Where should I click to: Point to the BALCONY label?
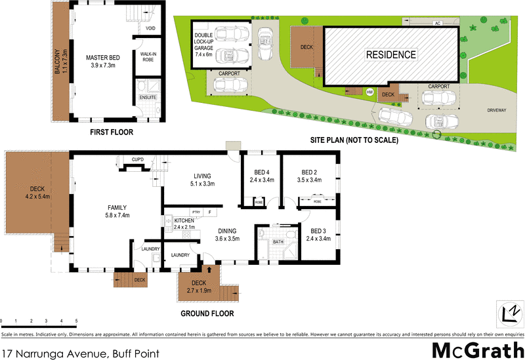tap(58, 63)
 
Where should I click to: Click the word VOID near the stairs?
tap(150, 29)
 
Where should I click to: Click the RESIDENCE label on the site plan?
tap(391, 55)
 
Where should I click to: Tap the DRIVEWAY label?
tap(496, 110)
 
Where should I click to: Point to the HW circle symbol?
tap(369, 92)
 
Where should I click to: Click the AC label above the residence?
tap(436, 23)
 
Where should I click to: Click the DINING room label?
tap(228, 235)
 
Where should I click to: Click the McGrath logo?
tap(477, 349)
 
